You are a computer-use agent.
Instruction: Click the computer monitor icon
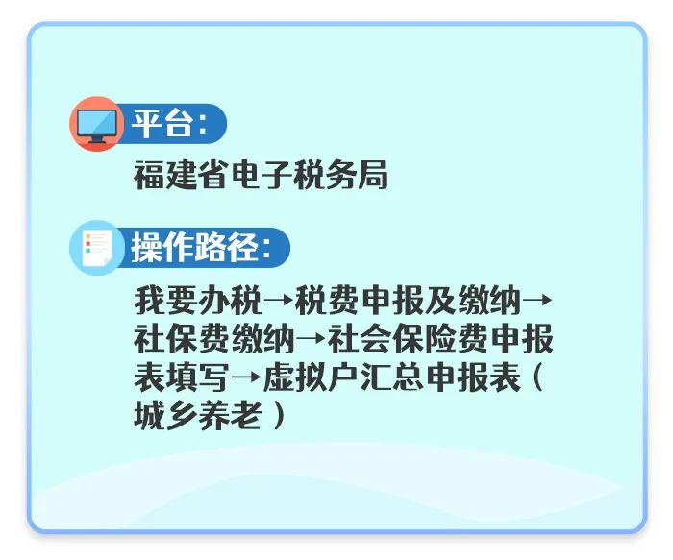pos(97,124)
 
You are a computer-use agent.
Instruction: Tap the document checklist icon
pos(97,248)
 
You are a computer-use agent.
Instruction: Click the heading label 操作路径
pos(195,248)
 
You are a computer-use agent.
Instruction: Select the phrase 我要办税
pos(197,300)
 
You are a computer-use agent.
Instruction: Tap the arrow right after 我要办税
pos(277,300)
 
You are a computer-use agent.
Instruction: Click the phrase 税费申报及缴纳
pos(408,300)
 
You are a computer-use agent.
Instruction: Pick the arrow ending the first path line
pos(537,300)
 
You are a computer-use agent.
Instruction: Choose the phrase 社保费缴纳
pos(213,338)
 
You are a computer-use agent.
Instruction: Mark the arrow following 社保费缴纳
pos(311,338)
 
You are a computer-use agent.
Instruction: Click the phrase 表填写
pos(181,377)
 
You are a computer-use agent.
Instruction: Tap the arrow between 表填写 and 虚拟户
pos(245,377)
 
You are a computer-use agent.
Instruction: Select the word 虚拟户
pos(311,377)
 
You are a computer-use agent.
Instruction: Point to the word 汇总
pos(391,377)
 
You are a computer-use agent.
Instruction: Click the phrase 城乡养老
pos(197,415)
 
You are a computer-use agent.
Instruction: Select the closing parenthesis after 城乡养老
pos(279,415)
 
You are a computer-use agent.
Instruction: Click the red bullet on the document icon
pos(88,244)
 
